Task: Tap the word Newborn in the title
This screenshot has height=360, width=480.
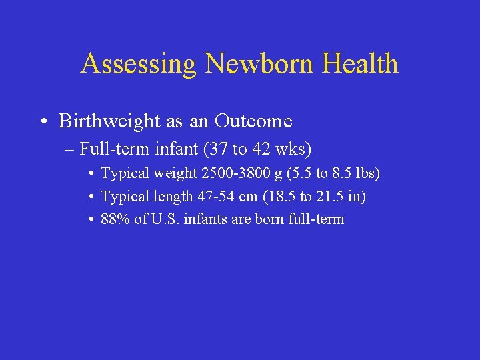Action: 260,64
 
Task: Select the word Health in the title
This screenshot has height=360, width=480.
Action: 361,64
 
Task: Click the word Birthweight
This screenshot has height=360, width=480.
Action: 109,121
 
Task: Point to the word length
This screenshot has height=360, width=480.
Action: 177,196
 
